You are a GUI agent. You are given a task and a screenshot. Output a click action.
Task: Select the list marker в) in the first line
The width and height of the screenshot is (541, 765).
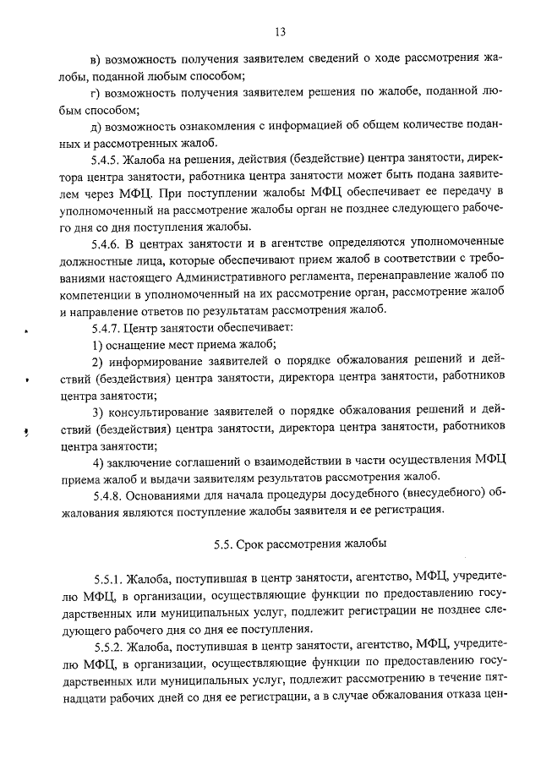pyautogui.click(x=96, y=58)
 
